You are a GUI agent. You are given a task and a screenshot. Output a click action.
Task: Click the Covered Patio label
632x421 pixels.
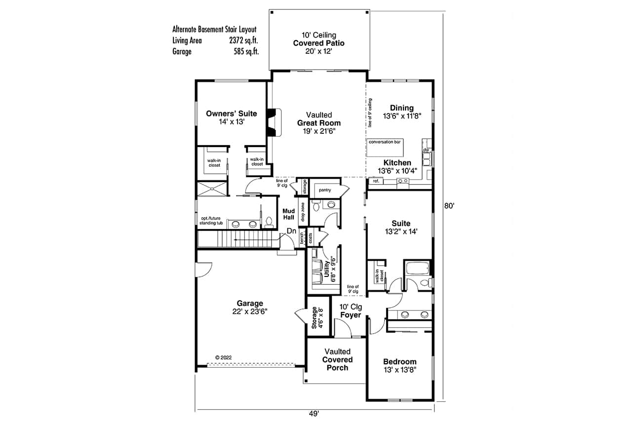(x=318, y=43)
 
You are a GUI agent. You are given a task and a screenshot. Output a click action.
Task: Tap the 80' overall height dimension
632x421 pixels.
(x=448, y=207)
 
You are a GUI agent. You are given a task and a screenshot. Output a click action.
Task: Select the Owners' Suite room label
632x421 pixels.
(x=231, y=114)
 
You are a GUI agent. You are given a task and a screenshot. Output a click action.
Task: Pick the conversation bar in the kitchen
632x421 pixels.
(x=385, y=142)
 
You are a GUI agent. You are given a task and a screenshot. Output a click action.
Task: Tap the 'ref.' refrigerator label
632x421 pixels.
(x=376, y=182)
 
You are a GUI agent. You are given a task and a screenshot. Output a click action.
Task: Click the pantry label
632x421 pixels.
(x=324, y=190)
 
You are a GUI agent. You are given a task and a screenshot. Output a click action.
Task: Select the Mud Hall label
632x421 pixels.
(x=288, y=214)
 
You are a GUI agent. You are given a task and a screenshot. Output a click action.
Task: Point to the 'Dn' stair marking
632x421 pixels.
(x=291, y=231)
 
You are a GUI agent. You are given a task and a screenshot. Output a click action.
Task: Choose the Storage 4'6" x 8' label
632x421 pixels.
(x=317, y=318)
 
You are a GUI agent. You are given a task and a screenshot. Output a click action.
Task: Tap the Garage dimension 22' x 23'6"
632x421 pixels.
(x=249, y=311)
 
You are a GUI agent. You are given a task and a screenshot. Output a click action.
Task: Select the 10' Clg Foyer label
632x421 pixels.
(x=351, y=310)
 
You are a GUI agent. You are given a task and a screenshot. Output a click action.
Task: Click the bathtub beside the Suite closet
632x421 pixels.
(x=417, y=269)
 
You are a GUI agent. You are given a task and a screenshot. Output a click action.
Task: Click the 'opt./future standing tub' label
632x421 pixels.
(x=211, y=221)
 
